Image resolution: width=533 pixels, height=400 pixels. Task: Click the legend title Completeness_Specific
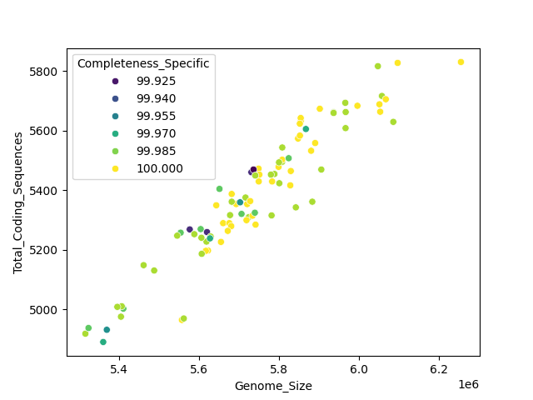(142, 63)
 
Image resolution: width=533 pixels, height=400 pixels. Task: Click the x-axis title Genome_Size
(273, 386)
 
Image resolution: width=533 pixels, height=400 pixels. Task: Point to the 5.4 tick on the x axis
(119, 367)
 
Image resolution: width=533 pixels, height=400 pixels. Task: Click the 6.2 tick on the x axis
(439, 367)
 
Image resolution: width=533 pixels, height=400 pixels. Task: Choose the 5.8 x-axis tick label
(279, 367)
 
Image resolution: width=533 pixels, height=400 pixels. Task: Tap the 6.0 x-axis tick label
(359, 367)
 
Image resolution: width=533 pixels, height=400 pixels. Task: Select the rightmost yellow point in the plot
(461, 62)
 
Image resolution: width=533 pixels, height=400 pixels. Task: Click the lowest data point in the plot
(103, 342)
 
